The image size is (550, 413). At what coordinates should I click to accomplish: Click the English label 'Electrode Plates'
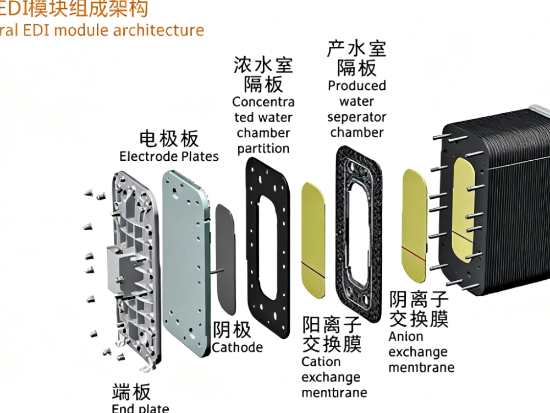click(x=169, y=156)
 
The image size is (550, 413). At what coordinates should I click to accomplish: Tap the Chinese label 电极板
click(x=169, y=138)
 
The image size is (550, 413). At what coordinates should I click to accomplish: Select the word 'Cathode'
click(x=237, y=347)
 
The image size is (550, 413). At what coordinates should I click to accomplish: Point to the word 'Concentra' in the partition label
click(x=263, y=102)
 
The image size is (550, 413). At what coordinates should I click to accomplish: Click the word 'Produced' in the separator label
click(x=357, y=86)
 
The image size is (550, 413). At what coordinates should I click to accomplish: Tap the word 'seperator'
click(x=356, y=117)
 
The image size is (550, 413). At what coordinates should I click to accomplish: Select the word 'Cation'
click(x=321, y=362)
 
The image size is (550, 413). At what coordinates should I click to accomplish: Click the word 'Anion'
click(x=406, y=336)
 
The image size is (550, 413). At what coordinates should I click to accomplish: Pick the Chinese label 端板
click(x=131, y=392)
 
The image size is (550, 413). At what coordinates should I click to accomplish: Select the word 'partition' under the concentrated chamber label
click(x=263, y=148)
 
